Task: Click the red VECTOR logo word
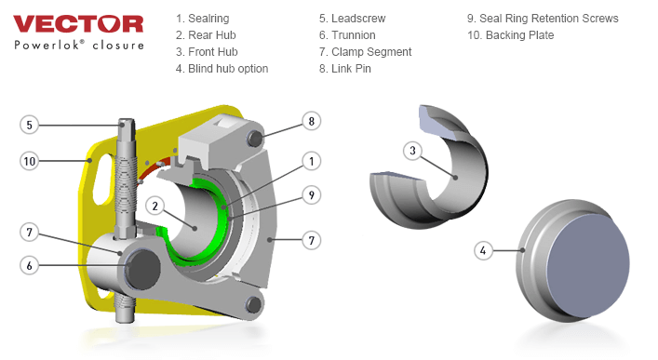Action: (x=78, y=24)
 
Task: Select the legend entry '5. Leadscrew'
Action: (x=352, y=19)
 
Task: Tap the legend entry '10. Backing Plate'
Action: (x=510, y=35)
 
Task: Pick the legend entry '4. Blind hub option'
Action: (x=222, y=69)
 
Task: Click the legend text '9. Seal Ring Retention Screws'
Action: (x=543, y=19)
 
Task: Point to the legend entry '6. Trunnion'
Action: (x=347, y=35)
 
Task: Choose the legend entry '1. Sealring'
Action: (x=203, y=19)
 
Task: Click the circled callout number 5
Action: (x=30, y=125)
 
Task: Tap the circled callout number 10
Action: (x=30, y=161)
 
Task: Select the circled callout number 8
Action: (x=312, y=121)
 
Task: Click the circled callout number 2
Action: (x=155, y=206)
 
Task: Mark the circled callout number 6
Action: (x=30, y=265)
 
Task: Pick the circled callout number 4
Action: (x=483, y=250)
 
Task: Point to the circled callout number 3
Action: (x=412, y=151)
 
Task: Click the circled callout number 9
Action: (x=312, y=195)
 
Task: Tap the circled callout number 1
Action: (x=312, y=161)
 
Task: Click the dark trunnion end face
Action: (x=142, y=269)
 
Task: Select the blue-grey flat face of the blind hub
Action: (x=588, y=265)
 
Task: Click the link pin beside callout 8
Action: (x=254, y=138)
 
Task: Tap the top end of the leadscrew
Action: (x=127, y=123)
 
